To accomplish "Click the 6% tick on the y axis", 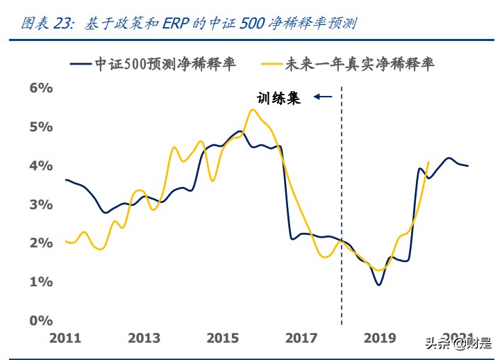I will (x=40, y=88).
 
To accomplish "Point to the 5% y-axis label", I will (x=40, y=127).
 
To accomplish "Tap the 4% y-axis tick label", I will (x=40, y=166).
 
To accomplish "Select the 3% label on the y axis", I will (x=40, y=205).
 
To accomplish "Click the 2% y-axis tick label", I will (x=40, y=243).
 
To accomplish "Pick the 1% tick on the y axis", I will (x=40, y=282).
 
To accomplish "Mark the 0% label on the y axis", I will (x=40, y=321).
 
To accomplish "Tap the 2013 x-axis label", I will (x=144, y=338).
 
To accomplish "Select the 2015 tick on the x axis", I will (x=224, y=338).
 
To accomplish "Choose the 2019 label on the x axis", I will (x=380, y=338).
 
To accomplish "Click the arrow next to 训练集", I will (x=323, y=97).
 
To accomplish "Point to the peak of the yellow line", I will (x=252, y=110).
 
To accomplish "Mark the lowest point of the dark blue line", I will (x=378, y=284).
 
